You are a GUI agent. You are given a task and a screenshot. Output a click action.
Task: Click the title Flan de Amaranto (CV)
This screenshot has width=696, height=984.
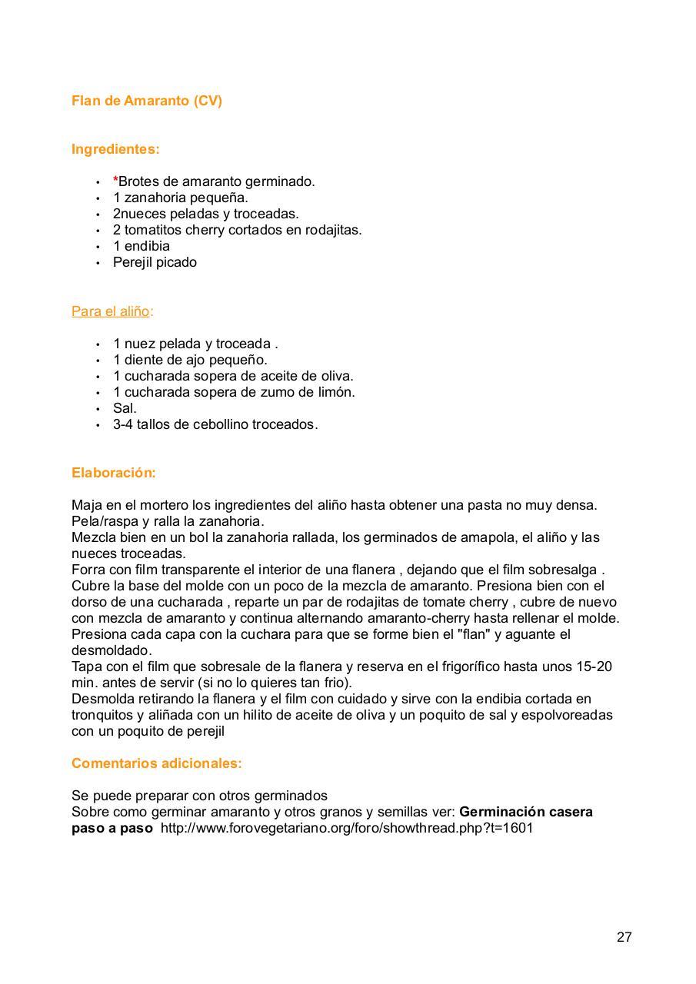coord(147,101)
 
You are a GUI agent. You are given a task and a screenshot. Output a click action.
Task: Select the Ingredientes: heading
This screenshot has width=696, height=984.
coord(115,149)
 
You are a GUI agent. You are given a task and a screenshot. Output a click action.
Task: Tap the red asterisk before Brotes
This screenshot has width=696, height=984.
coord(115,181)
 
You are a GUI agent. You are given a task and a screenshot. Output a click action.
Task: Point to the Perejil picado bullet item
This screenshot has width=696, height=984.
coord(155,262)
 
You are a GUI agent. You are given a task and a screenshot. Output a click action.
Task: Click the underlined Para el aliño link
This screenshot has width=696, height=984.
coord(111,311)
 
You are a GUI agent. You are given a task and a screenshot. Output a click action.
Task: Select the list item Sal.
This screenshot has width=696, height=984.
coord(125,408)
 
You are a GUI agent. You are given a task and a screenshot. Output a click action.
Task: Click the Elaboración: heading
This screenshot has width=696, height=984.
coord(114,473)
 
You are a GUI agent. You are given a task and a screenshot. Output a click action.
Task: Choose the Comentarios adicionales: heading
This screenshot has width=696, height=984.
coord(157,763)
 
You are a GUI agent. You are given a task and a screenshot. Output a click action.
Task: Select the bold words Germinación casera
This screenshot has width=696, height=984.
coord(526,812)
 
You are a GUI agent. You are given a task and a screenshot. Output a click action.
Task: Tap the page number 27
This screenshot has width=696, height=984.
coord(624,937)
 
